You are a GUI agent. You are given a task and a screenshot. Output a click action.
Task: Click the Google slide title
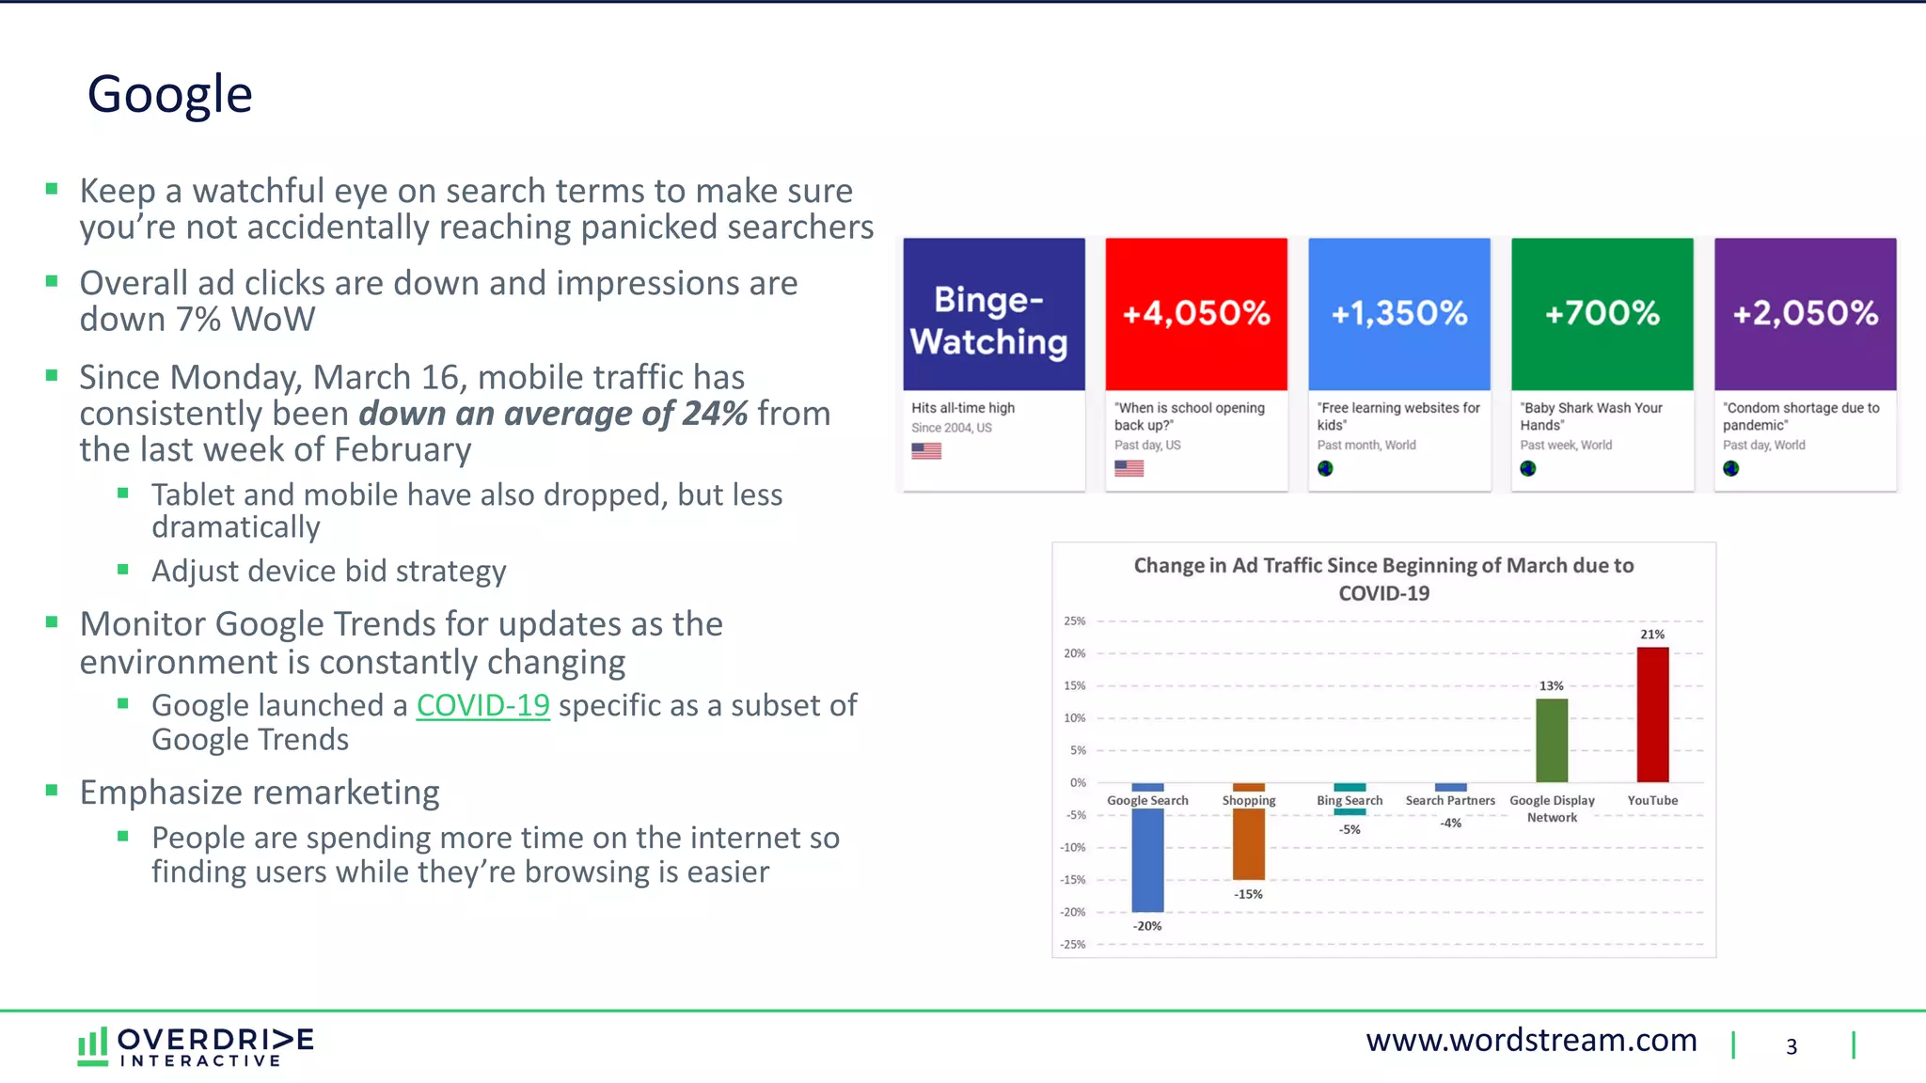pos(169,95)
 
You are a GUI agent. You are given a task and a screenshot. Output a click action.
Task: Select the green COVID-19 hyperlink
pos(482,705)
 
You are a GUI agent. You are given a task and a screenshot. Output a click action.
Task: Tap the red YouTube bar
pos(1652,714)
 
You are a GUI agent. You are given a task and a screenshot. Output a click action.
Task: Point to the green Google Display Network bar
pos(1552,740)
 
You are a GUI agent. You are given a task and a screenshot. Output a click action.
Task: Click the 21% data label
pos(1652,635)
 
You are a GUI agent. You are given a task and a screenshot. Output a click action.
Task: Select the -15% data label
pos(1249,894)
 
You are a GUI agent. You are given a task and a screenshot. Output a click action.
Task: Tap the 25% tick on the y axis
pos(1074,621)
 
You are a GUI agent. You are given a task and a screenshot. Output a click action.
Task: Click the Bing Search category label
pos(1350,801)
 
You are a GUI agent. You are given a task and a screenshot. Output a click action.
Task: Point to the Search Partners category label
pos(1450,801)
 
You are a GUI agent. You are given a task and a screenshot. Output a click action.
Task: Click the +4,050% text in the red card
pos(1196,313)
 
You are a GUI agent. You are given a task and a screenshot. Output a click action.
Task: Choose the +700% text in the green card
pos(1602,313)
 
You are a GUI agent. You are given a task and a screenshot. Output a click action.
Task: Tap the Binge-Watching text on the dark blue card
pos(989,321)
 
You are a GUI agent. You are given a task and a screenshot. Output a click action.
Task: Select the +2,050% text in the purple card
pos(1806,313)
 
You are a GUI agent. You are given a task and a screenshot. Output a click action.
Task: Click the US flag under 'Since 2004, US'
pos(926,451)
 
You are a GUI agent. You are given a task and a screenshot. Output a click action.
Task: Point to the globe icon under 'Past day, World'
pos(1731,468)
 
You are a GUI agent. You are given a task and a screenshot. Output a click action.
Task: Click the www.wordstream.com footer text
pos(1531,1041)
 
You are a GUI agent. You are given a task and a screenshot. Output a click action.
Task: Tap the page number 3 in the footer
pos(1792,1046)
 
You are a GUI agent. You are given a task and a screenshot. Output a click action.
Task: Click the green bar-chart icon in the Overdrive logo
pos(92,1045)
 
